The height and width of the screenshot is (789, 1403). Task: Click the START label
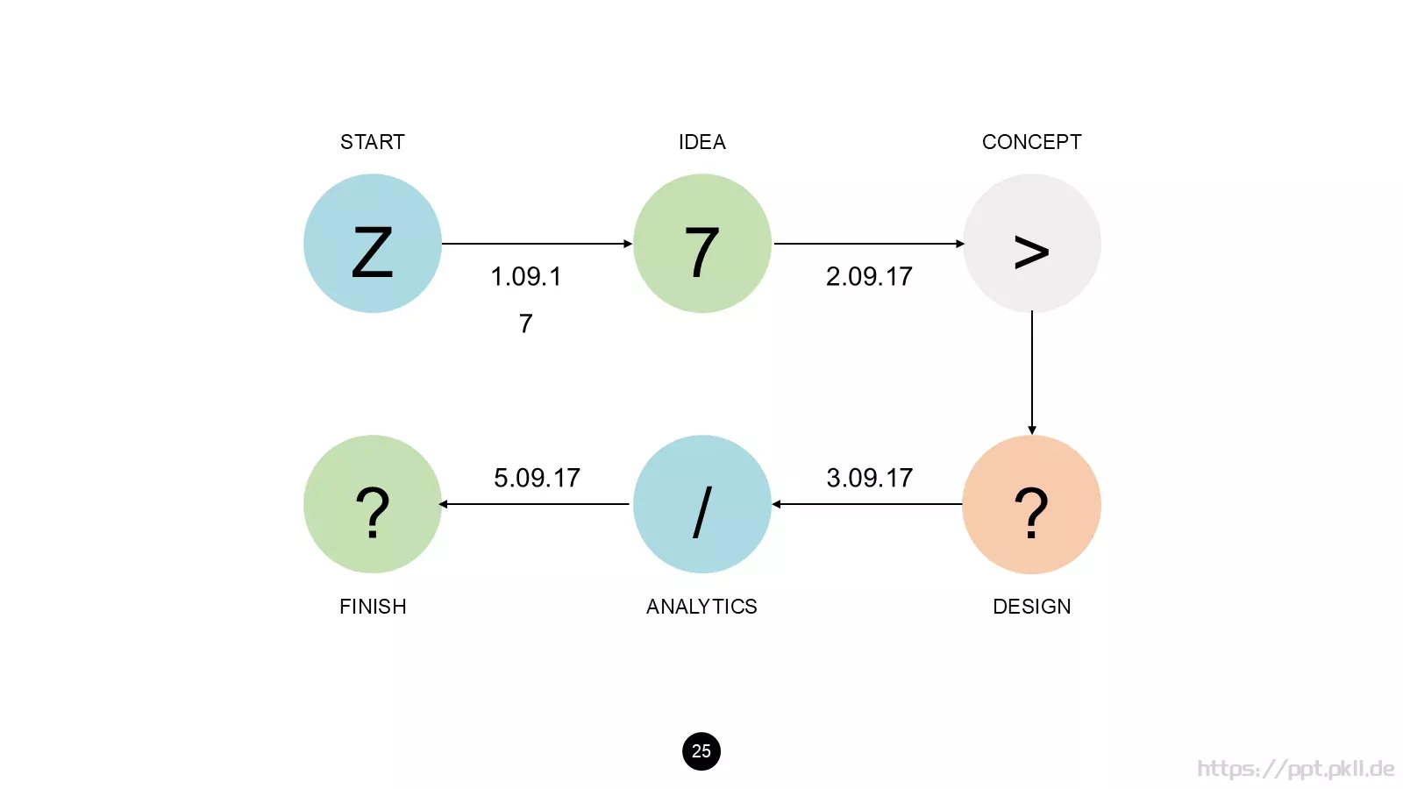[372, 142]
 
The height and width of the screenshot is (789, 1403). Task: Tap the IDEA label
[702, 142]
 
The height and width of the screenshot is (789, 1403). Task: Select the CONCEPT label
[1031, 142]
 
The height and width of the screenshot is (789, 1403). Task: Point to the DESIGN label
[1031, 606]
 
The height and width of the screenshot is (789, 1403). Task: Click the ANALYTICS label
[701, 606]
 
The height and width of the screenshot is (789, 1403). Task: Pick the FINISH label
[373, 606]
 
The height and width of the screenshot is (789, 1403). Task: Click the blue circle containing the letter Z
[373, 243]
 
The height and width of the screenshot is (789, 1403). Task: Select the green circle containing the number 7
[702, 243]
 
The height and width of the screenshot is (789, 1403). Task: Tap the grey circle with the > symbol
[1031, 243]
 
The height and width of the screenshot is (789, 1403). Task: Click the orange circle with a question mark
[1031, 504]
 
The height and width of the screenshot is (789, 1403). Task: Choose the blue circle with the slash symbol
[702, 504]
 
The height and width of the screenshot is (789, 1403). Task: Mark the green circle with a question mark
[373, 504]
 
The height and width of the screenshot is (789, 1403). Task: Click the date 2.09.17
[869, 276]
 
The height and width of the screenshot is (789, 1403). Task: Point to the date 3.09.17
[869, 478]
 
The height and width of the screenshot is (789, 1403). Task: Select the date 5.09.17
[537, 478]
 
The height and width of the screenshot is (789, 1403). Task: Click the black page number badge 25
[701, 750]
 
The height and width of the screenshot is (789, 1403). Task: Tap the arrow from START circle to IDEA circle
[538, 244]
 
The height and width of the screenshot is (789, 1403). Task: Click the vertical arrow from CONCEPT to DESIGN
[1031, 373]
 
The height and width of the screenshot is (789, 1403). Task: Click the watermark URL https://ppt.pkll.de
[1295, 769]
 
